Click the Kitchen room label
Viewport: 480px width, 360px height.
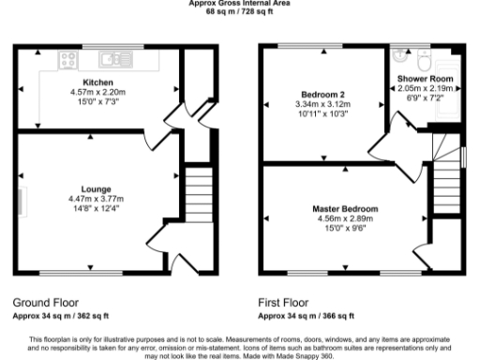click(x=97, y=82)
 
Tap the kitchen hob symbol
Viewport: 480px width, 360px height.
click(x=68, y=61)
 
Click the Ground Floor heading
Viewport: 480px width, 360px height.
click(x=46, y=304)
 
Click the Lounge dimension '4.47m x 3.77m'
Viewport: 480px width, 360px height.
click(x=97, y=199)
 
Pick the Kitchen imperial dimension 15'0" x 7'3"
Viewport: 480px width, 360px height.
click(x=97, y=101)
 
